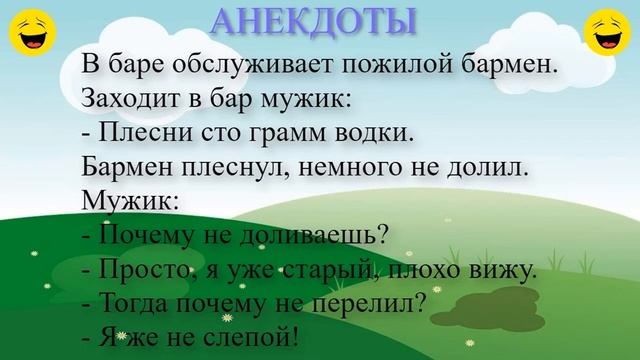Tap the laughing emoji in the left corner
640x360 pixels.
(31, 32)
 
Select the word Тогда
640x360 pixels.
(134, 301)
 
